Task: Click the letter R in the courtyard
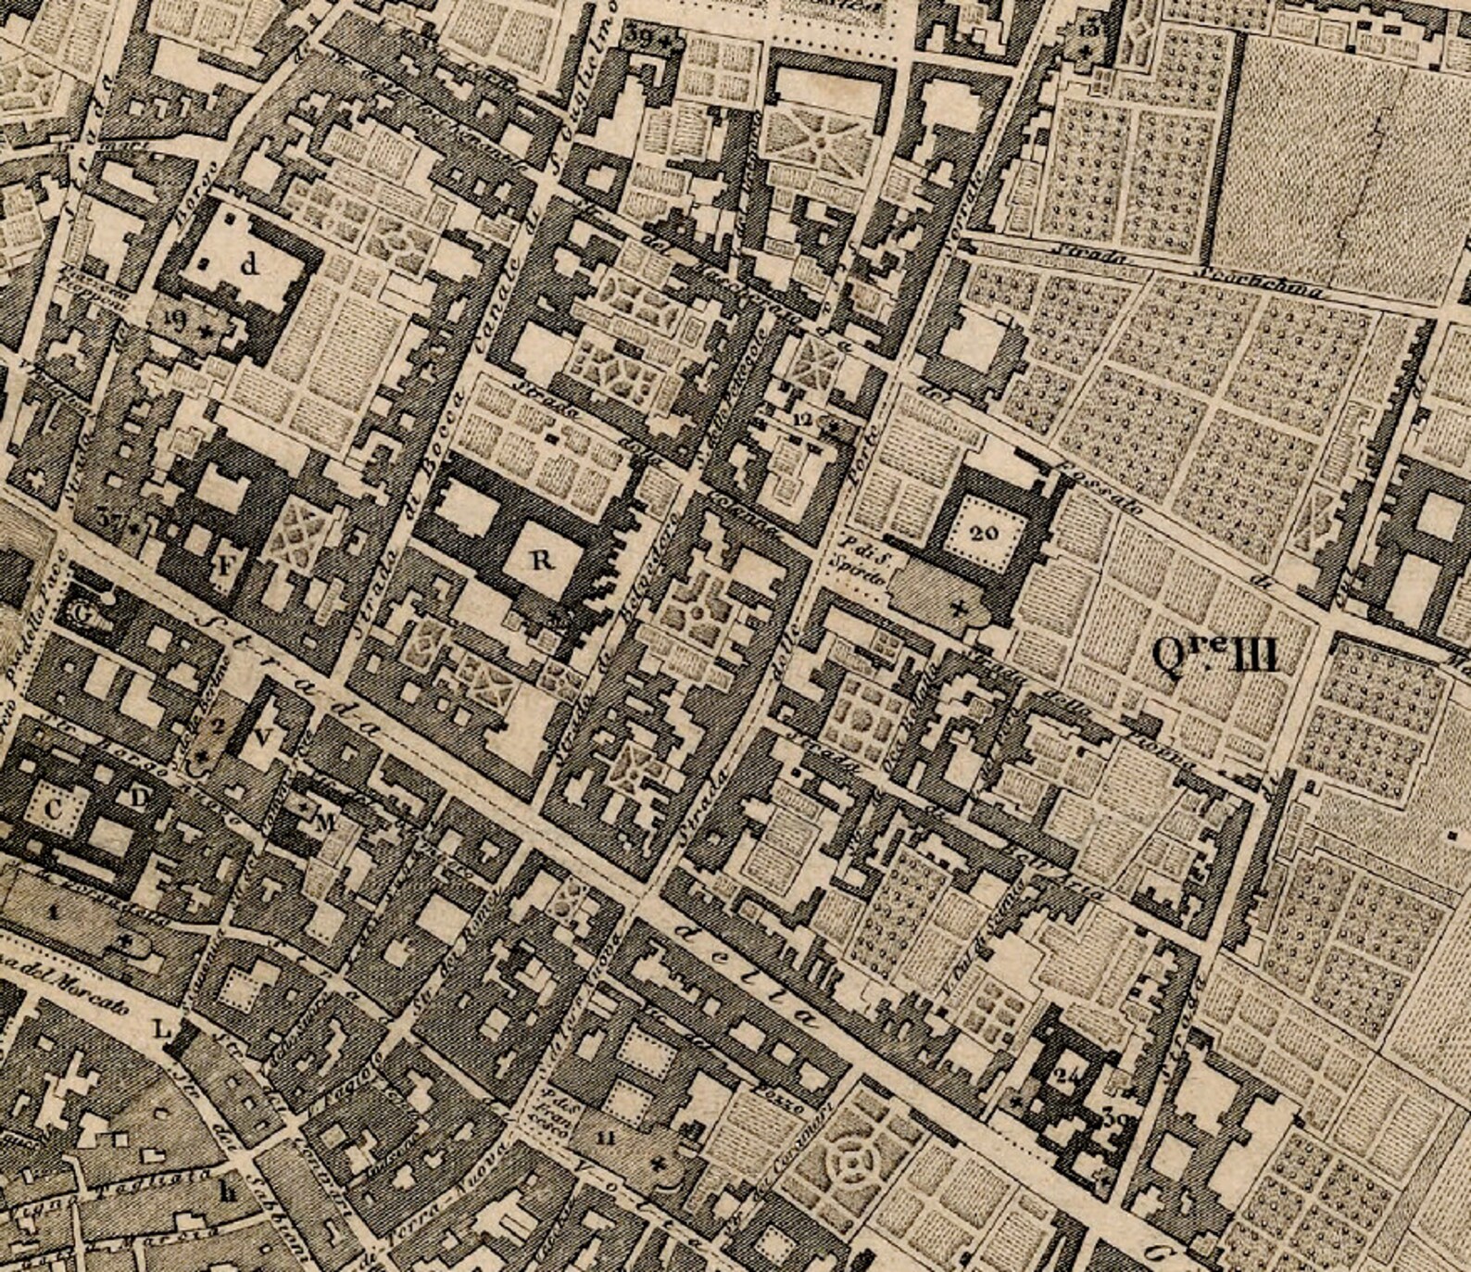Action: pyautogui.click(x=542, y=560)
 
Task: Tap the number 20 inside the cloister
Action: pyautogui.click(x=985, y=532)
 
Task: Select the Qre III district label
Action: pyautogui.click(x=1214, y=656)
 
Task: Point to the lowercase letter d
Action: pyautogui.click(x=247, y=265)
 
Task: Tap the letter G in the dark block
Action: pyautogui.click(x=82, y=612)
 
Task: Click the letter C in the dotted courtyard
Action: pyautogui.click(x=54, y=809)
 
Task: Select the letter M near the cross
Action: pyautogui.click(x=324, y=821)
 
